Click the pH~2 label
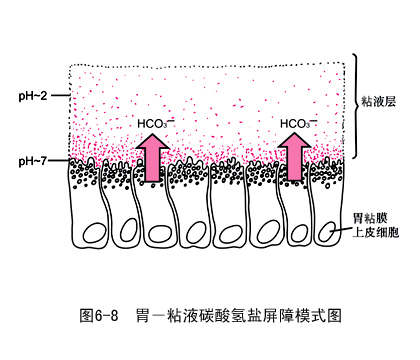pyautogui.click(x=34, y=96)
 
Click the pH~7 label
pyautogui.click(x=34, y=161)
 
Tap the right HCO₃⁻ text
pyautogui.click(x=297, y=124)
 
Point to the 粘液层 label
pyautogui.click(x=382, y=101)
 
